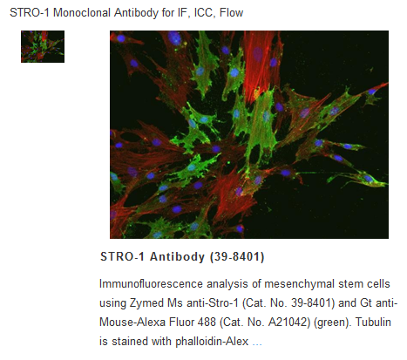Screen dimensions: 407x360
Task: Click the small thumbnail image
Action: tap(43, 46)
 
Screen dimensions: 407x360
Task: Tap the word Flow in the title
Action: tap(231, 13)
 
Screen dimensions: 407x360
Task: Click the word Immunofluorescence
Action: tap(151, 283)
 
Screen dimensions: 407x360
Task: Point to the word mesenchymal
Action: tap(300, 284)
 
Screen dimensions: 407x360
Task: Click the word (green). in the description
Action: tap(332, 323)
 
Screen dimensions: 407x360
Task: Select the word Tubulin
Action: tap(373, 322)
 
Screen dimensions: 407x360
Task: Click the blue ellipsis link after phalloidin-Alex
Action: tap(257, 343)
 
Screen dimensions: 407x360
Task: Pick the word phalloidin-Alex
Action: tap(212, 342)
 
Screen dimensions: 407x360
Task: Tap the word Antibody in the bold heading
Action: tap(177, 257)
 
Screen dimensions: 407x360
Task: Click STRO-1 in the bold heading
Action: tap(122, 256)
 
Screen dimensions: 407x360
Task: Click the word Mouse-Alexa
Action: tap(132, 323)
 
